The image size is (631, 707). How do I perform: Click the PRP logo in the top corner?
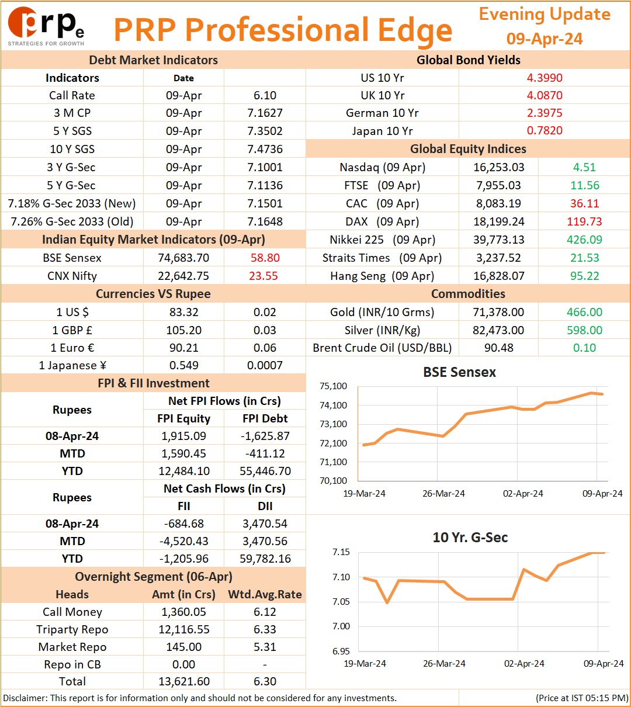[x=46, y=26]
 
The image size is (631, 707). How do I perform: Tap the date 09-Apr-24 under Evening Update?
[x=545, y=39]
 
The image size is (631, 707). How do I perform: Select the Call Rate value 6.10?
[x=265, y=95]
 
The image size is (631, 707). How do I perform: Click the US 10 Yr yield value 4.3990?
[x=545, y=78]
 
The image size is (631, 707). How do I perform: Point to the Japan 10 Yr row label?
[x=382, y=131]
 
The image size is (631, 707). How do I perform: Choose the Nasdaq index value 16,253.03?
[x=499, y=167]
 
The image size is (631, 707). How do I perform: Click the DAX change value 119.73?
[x=584, y=221]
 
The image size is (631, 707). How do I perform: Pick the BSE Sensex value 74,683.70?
[x=183, y=258]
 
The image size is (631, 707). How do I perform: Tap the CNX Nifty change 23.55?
[x=264, y=276]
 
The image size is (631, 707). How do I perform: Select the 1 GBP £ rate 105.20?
[x=184, y=330]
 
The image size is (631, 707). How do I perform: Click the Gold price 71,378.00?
[x=498, y=312]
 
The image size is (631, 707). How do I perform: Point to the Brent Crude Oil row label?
[x=382, y=348]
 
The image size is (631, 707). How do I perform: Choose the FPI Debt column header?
[x=265, y=418]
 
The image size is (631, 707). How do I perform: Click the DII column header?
[x=265, y=506]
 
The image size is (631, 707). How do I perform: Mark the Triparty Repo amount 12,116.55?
[x=184, y=629]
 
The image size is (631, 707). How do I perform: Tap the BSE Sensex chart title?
[x=459, y=372]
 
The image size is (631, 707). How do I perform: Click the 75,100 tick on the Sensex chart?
[x=333, y=386]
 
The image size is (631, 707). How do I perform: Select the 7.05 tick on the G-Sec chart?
[x=341, y=602]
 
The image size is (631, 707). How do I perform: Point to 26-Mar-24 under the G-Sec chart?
[x=444, y=663]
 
